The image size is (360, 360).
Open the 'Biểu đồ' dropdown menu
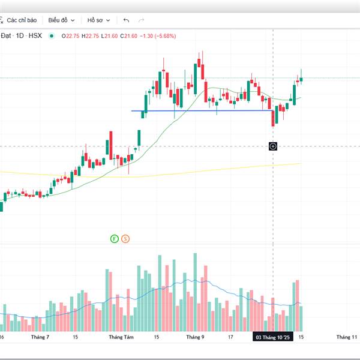click(x=61, y=20)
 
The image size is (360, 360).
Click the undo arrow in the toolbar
click(x=126, y=20)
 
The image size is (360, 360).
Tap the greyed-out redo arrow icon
click(x=142, y=20)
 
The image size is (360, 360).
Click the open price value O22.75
click(x=71, y=36)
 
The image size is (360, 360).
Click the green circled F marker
click(x=114, y=239)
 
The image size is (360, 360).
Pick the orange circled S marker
click(x=125, y=239)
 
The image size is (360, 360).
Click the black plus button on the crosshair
click(x=273, y=146)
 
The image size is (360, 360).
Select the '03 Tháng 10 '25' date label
click(x=273, y=338)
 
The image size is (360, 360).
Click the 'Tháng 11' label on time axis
click(x=346, y=337)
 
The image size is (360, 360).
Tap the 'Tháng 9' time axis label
click(x=195, y=337)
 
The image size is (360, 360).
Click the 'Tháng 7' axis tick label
click(x=43, y=337)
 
